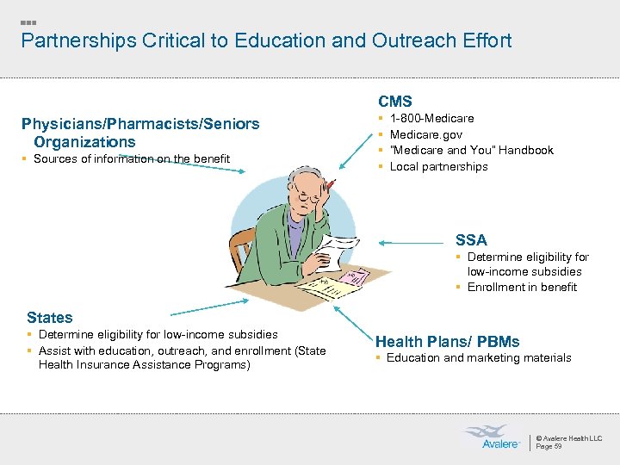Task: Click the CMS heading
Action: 395,102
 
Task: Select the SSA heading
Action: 471,240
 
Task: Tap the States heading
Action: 50,318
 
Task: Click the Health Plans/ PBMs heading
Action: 447,342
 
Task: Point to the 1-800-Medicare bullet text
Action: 431,118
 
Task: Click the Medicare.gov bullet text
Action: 426,134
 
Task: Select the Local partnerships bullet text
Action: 438,166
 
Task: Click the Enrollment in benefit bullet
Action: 522,287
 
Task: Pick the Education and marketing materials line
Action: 479,357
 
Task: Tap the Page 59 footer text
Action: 549,446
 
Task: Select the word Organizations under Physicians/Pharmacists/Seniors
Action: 84,142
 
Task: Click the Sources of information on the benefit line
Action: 132,158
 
